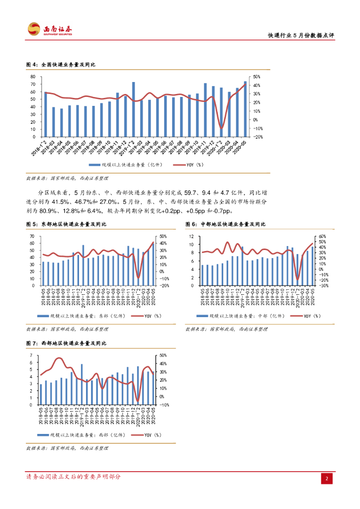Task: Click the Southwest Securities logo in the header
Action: (x=50, y=29)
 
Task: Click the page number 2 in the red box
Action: (x=327, y=478)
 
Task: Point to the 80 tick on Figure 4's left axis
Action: (x=32, y=77)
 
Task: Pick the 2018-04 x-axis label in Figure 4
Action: (x=60, y=148)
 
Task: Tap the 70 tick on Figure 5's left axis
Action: (x=32, y=236)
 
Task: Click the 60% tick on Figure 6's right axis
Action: (x=321, y=236)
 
